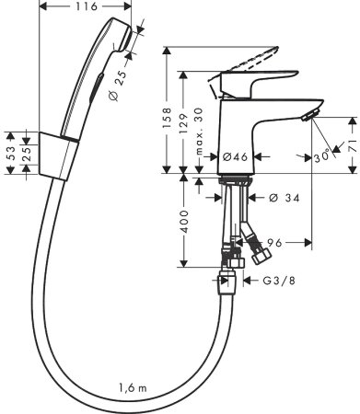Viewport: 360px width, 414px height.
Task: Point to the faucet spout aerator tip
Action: click(310, 115)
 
